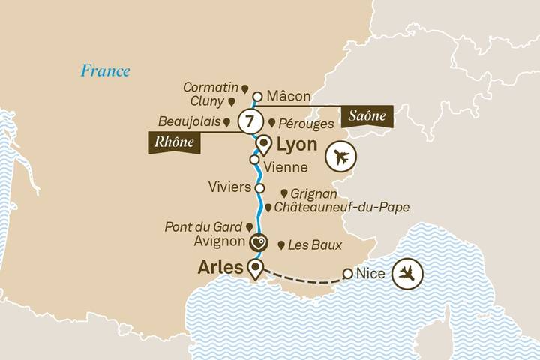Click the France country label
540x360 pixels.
point(106,71)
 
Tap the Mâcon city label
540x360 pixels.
point(289,96)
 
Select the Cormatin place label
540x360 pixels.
point(211,88)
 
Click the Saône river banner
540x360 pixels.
point(367,116)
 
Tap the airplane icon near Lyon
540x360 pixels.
point(342,158)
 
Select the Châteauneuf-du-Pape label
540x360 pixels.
point(340,208)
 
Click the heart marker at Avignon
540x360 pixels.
point(259,242)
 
